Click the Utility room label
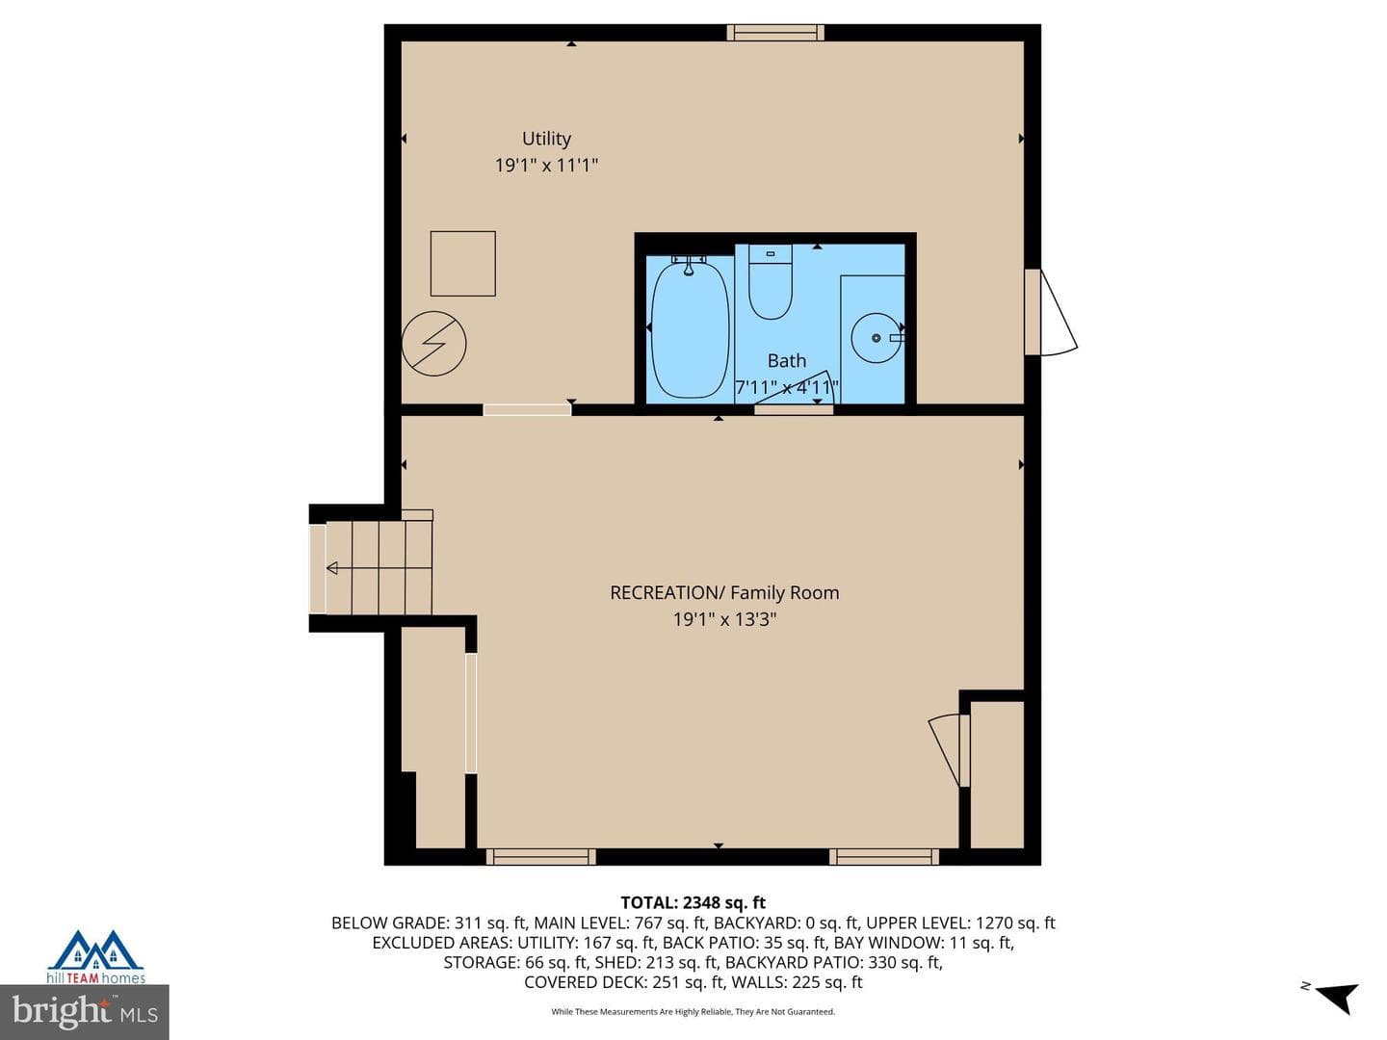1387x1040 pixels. (x=546, y=139)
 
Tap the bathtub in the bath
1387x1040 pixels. (x=690, y=329)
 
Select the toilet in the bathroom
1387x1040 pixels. (x=770, y=281)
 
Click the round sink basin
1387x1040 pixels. (x=876, y=338)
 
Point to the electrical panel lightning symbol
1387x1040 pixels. (x=433, y=344)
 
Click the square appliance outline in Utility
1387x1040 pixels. (x=462, y=263)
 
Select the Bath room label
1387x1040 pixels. (x=786, y=360)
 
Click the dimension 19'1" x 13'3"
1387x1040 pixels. (x=724, y=619)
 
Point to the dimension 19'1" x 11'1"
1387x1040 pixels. (x=546, y=166)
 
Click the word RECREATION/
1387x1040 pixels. (x=667, y=593)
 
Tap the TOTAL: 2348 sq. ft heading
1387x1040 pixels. (x=693, y=902)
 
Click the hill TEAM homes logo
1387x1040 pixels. (x=96, y=957)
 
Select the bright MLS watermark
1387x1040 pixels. (x=85, y=1011)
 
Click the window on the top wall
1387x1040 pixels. (x=775, y=33)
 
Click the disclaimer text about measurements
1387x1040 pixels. (x=693, y=1011)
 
